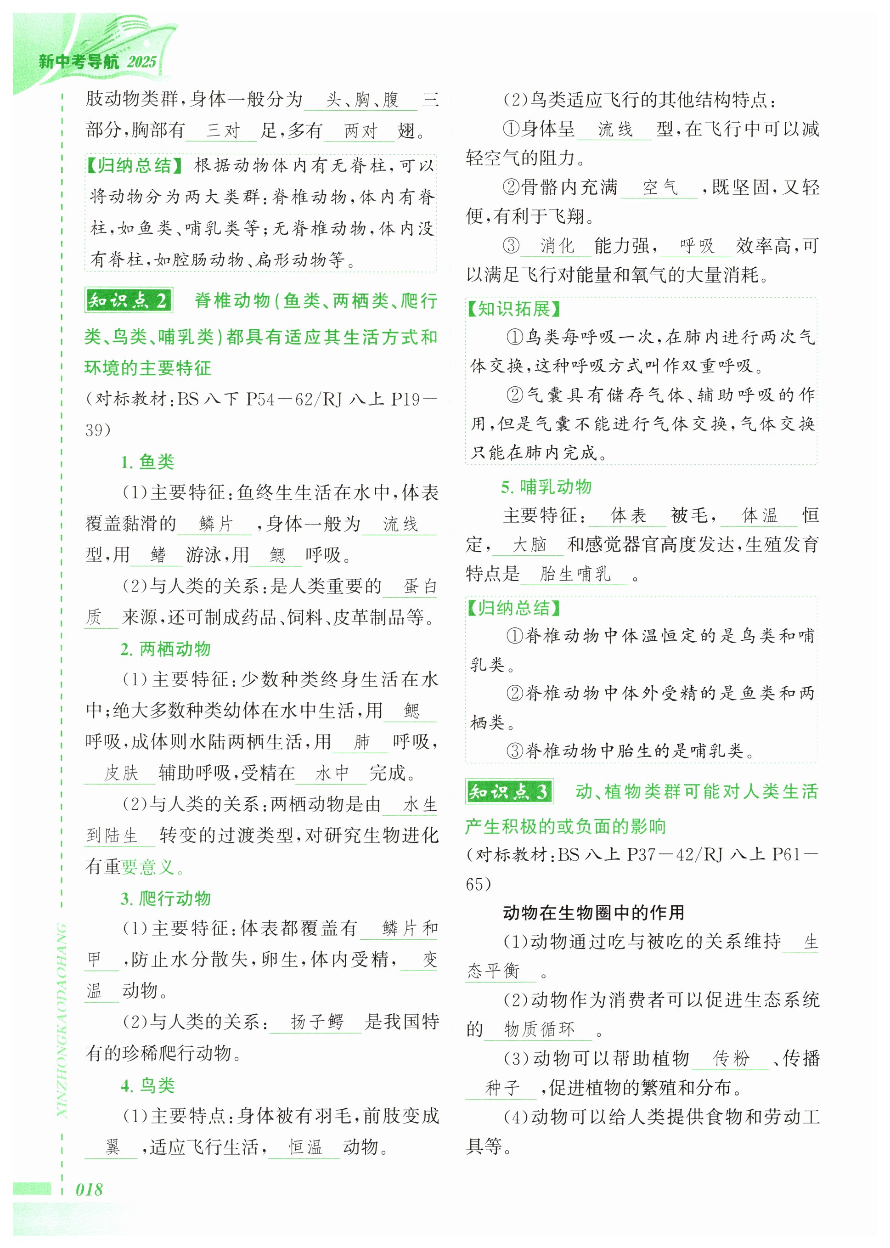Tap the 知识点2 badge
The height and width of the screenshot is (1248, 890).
coord(129,300)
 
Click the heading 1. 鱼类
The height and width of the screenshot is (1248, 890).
coord(147,462)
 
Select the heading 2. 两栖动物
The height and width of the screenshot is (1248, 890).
coord(165,649)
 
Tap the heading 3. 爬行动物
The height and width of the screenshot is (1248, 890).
coord(165,898)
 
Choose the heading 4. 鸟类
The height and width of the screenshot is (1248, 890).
coord(147,1085)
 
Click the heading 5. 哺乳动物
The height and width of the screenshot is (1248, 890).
coord(546,486)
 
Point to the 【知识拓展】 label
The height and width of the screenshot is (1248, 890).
coord(513,309)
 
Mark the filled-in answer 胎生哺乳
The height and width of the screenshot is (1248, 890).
coord(575,574)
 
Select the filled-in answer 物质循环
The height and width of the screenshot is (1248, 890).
coord(539,1029)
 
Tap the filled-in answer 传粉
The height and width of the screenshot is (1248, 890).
coord(731,1058)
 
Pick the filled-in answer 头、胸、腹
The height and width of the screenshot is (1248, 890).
coord(362,100)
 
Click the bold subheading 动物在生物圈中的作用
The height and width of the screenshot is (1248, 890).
coord(593,912)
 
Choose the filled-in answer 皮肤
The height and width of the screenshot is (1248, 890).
coord(121,773)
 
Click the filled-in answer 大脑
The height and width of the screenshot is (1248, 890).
coord(529,544)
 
